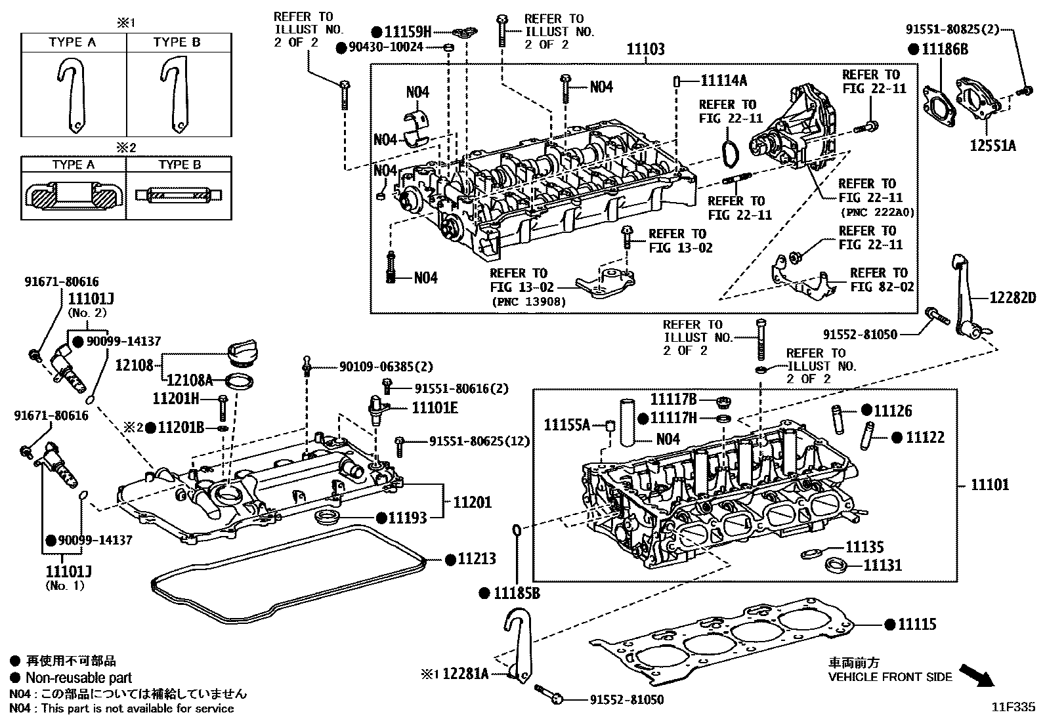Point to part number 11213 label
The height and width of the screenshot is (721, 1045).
(477, 559)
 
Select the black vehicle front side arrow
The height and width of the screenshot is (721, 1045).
(976, 674)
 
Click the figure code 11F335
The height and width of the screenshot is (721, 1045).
(1013, 707)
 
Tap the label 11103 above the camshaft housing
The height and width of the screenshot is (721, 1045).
(645, 49)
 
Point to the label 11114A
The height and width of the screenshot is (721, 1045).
(723, 80)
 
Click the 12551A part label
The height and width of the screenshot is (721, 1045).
(992, 146)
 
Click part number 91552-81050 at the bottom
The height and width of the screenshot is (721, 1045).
(627, 700)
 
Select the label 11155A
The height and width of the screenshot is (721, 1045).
(566, 425)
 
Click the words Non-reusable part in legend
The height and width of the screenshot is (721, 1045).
(79, 678)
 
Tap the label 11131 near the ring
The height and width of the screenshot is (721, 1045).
(882, 565)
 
